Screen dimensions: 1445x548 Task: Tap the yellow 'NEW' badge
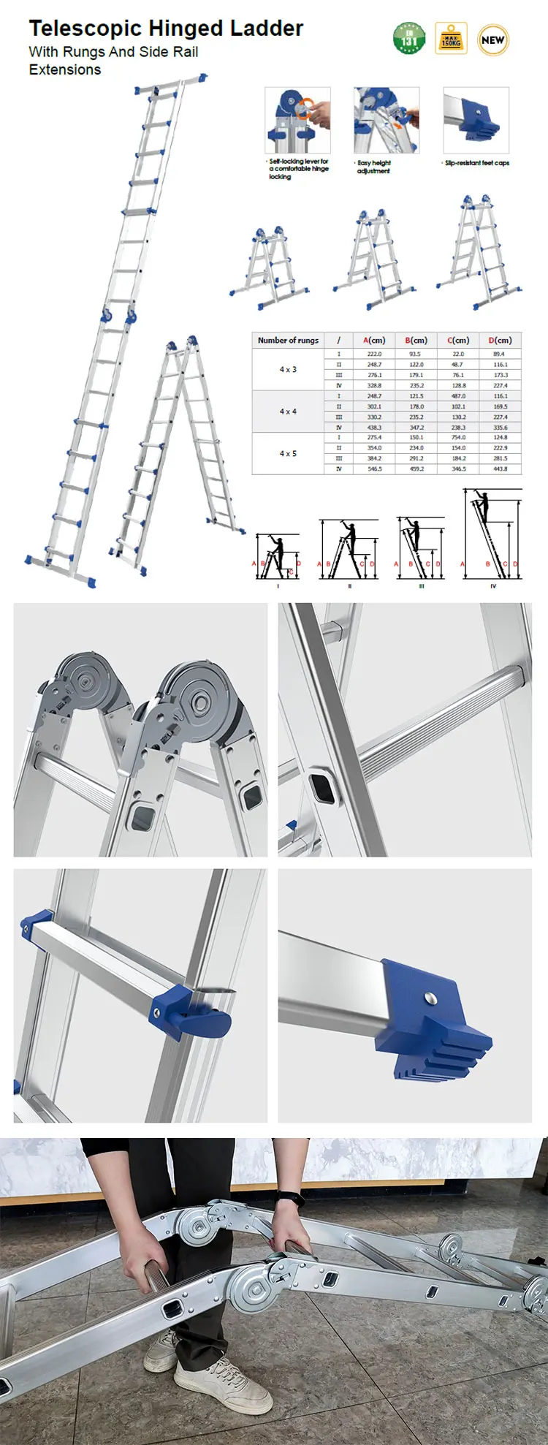click(492, 40)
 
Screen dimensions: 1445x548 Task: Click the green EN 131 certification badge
click(409, 39)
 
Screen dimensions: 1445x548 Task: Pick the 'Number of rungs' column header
click(288, 340)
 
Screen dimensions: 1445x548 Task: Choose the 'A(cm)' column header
click(374, 340)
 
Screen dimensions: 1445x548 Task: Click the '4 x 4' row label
click(288, 411)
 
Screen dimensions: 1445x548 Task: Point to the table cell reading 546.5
click(374, 469)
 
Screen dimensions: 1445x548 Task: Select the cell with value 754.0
click(458, 437)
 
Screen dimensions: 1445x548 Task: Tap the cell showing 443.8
click(500, 469)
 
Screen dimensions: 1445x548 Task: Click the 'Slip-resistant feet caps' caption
click(477, 163)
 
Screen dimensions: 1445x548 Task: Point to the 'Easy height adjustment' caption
click(373, 167)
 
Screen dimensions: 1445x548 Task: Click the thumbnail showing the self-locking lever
click(297, 120)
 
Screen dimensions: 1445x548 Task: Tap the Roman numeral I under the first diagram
click(278, 586)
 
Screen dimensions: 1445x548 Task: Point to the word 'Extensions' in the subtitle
click(65, 70)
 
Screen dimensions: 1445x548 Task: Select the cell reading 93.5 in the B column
click(415, 354)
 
